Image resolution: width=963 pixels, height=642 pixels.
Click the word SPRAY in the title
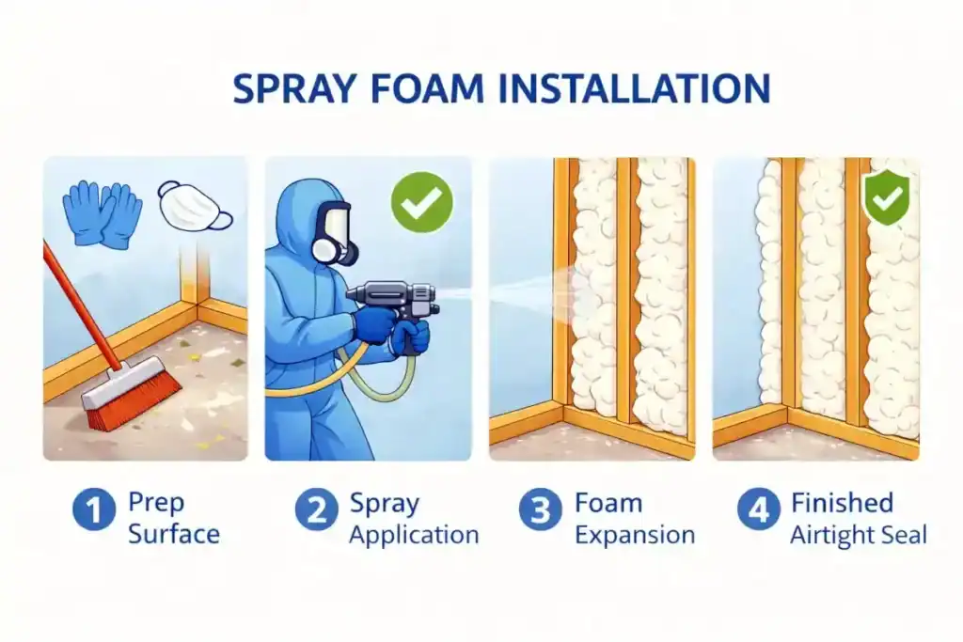point(294,88)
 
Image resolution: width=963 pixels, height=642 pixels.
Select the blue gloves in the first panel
point(103,214)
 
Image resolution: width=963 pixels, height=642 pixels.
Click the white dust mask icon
point(196,206)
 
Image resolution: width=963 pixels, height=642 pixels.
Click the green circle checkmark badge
point(422,202)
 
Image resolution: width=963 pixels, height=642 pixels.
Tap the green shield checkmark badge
point(886,197)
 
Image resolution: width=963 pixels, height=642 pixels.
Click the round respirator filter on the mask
point(324,251)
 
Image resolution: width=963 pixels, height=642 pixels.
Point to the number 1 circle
point(94,510)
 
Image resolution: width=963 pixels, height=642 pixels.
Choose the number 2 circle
point(316,510)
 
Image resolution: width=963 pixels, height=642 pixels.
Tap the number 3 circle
point(541,510)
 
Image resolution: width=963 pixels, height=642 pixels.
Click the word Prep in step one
point(156,503)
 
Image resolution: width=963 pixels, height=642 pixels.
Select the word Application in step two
point(414,535)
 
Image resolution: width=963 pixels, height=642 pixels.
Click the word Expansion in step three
point(635,535)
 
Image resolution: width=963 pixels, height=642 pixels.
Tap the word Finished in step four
point(842,503)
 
